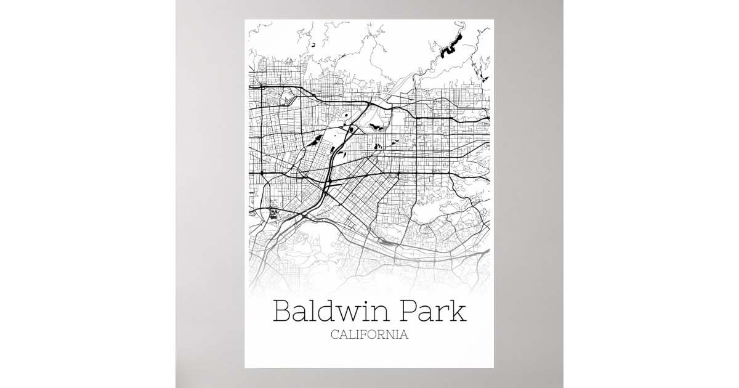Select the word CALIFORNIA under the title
(369, 336)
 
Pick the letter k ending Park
(458, 311)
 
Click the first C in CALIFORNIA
(334, 336)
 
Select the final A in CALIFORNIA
(404, 336)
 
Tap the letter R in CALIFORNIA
(381, 336)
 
